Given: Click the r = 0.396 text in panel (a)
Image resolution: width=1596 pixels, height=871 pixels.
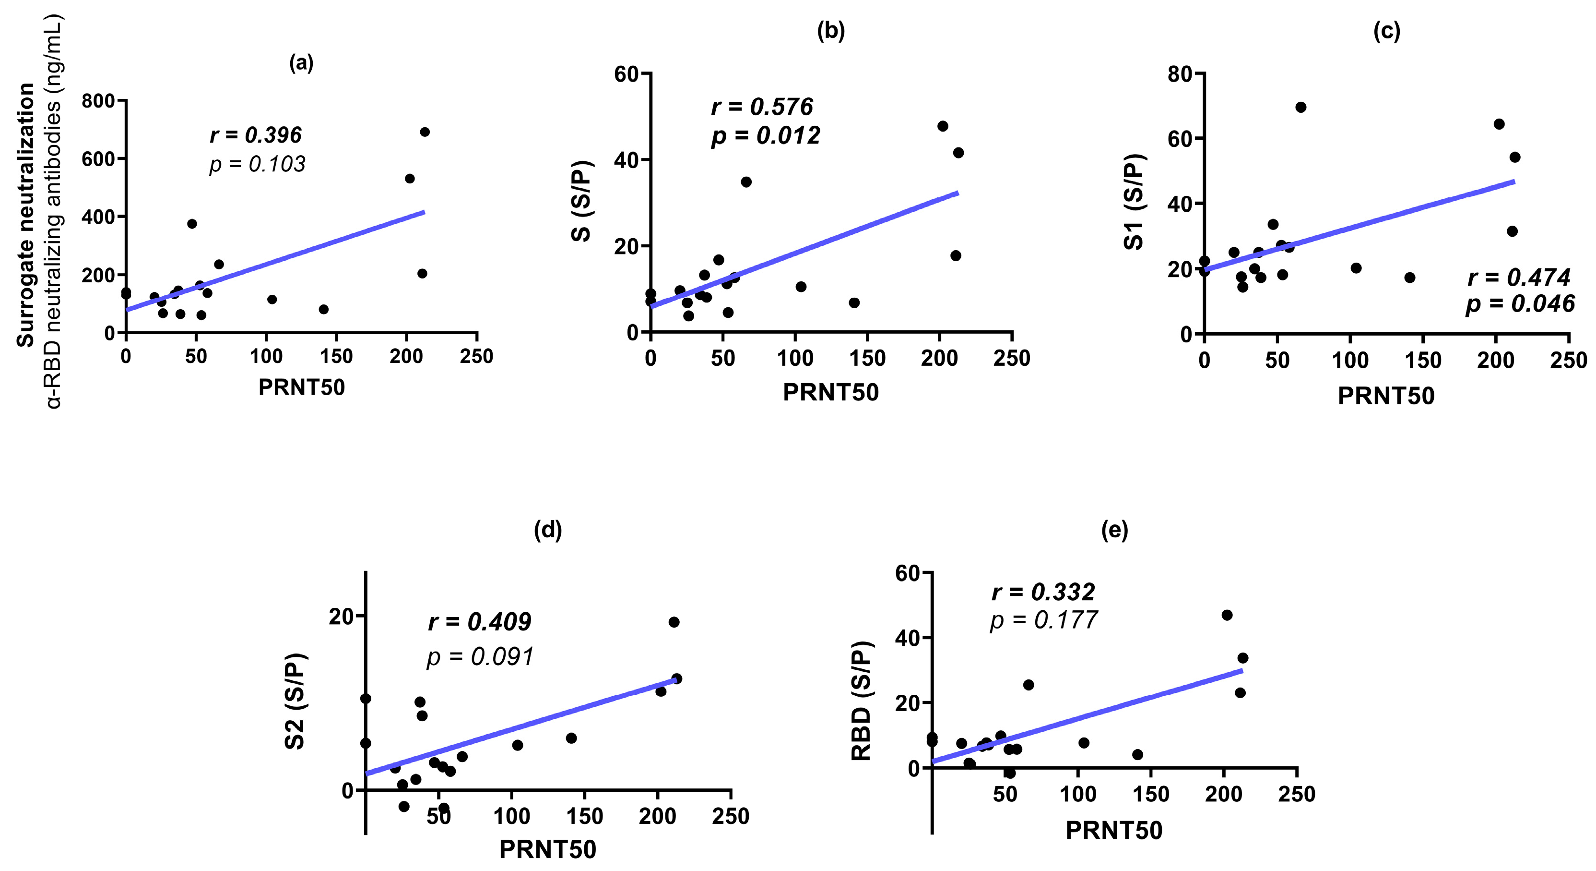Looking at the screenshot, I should [255, 134].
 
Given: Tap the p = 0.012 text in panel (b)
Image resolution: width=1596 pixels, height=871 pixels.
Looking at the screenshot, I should [766, 135].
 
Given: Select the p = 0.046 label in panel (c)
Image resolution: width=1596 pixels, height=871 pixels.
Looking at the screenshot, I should [1519, 304].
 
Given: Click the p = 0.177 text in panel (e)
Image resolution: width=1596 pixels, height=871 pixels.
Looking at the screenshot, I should [1043, 620].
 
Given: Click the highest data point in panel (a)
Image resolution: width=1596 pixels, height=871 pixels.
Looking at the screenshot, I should [425, 132].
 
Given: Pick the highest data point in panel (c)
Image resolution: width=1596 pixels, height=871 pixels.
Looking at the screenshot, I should [1300, 107].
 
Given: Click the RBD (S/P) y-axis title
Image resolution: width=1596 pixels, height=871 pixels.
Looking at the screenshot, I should [861, 701].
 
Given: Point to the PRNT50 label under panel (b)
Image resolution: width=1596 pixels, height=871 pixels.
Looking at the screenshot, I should [830, 392].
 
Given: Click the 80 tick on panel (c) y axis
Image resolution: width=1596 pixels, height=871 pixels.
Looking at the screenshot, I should [1180, 74].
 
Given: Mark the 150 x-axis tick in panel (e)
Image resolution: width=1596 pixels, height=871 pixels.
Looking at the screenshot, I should [1150, 794].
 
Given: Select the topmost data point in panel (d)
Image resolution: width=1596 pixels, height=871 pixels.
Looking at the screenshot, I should [674, 622].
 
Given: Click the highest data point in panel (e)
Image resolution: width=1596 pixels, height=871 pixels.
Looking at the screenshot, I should [1227, 615].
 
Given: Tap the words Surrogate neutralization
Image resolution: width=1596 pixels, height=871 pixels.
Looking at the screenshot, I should [25, 215].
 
